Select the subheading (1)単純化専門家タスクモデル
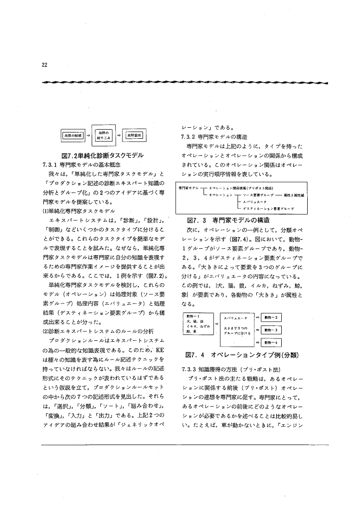[79, 210]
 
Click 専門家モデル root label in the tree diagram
[189, 188]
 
